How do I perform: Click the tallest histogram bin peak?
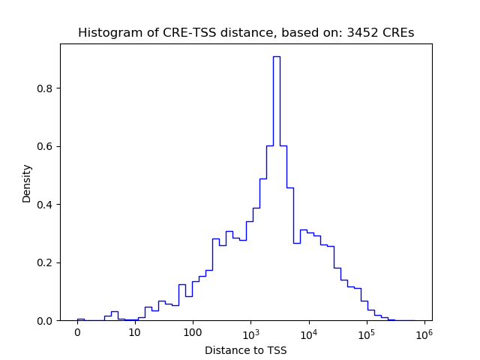point(277,57)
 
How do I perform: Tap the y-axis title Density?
point(27,183)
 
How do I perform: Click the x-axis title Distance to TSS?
point(246,349)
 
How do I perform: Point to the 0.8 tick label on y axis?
point(45,88)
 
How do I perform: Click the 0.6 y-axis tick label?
point(45,146)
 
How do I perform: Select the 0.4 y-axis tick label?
point(45,205)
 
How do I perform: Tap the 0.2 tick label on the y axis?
point(45,262)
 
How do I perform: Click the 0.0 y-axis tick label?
point(45,321)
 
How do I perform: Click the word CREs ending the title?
point(398,33)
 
